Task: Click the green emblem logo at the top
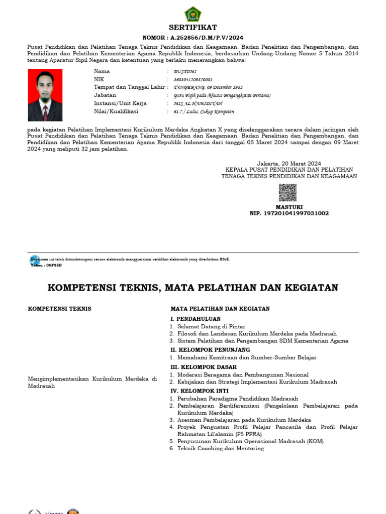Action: [193, 14]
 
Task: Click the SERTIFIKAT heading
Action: [193, 28]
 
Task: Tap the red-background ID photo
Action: [45, 95]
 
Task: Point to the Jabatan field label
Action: [105, 95]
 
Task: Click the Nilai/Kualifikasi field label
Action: [116, 111]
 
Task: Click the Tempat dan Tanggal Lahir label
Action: [129, 87]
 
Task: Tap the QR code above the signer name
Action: [287, 192]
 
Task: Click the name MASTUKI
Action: [289, 207]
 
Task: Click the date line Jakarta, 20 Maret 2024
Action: [289, 163]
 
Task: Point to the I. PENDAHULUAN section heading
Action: [196, 319]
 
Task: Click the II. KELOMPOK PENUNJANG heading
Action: [210, 350]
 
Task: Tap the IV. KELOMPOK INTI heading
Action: [200, 391]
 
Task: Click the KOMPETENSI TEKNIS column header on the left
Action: [59, 309]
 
